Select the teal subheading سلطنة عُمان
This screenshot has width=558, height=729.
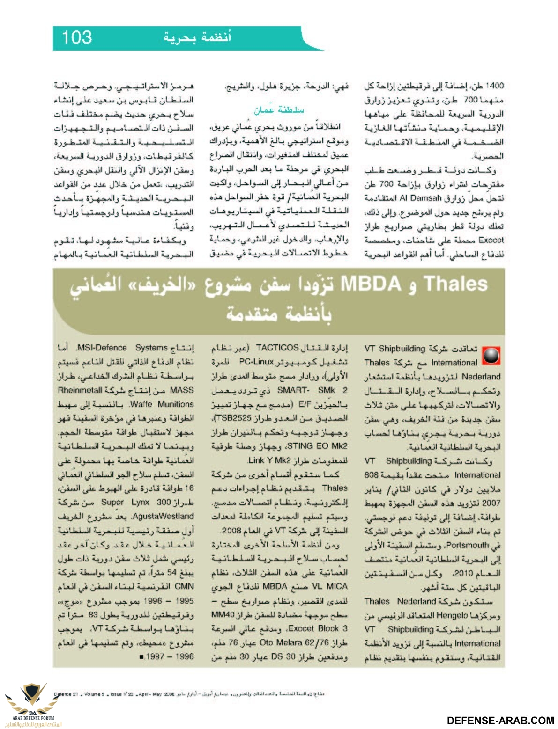point(278,110)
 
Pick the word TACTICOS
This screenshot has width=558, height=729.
point(277,348)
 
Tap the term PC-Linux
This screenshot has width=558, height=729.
point(257,362)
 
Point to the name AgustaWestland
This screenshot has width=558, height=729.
point(79,516)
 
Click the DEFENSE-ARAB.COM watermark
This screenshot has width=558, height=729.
point(501,721)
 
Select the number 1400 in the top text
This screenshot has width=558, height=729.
point(494,86)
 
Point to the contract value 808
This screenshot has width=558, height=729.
point(372,475)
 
